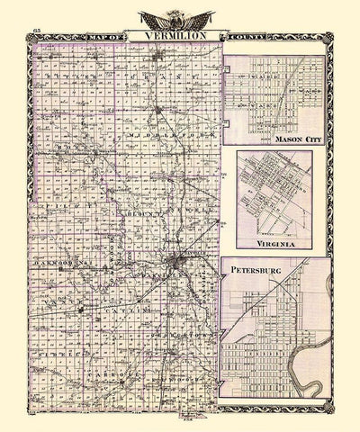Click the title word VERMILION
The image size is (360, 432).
162,35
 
